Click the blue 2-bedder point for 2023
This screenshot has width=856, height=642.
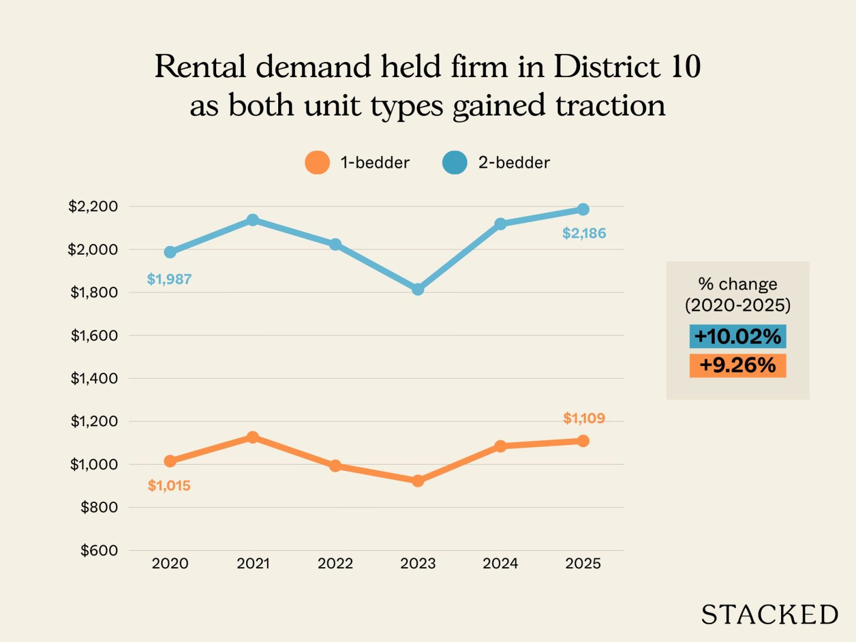(x=418, y=289)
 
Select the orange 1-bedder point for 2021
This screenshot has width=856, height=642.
(x=253, y=437)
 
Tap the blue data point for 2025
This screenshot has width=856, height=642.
(x=583, y=209)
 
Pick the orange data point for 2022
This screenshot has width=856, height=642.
(x=335, y=465)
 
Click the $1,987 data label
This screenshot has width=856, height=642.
(x=169, y=279)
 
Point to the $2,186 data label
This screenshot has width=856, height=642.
(x=584, y=233)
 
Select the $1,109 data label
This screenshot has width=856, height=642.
(x=584, y=418)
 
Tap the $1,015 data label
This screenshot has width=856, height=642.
(x=169, y=486)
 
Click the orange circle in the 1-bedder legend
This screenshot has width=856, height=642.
(x=317, y=163)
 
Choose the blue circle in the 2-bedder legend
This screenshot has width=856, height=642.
(x=455, y=163)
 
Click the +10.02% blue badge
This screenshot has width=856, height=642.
(x=737, y=337)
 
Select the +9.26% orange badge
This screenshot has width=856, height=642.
(x=737, y=365)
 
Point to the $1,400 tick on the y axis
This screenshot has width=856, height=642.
(x=94, y=378)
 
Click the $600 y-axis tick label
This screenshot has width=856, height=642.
(x=99, y=550)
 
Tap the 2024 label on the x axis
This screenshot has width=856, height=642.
(x=500, y=563)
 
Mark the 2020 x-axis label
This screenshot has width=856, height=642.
(x=170, y=563)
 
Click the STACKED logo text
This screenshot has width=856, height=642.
(x=769, y=615)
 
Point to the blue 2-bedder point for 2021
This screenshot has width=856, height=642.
(x=253, y=220)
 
